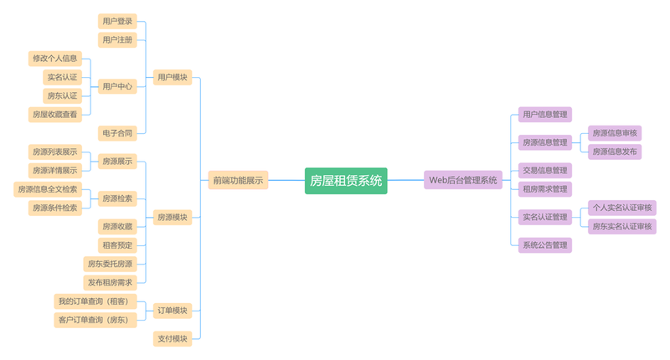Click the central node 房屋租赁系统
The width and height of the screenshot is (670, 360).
pyautogui.click(x=346, y=180)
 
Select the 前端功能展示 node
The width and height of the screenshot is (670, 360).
pyautogui.click(x=238, y=180)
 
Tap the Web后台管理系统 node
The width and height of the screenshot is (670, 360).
pyautogui.click(x=463, y=180)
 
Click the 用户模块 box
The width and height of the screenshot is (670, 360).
pyautogui.click(x=173, y=77)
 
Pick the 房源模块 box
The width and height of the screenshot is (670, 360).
pyautogui.click(x=173, y=218)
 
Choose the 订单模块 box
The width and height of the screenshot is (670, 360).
pyautogui.click(x=173, y=311)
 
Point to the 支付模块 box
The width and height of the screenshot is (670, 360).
pyautogui.click(x=173, y=338)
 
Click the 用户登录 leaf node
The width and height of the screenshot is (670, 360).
pyautogui.click(x=116, y=21)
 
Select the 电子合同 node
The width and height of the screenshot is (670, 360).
pyautogui.click(x=116, y=132)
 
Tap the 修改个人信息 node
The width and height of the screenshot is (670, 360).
pyautogui.click(x=54, y=59)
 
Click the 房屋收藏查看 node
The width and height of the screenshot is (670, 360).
pyautogui.click(x=54, y=114)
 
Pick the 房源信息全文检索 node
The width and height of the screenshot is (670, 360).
pyautogui.click(x=48, y=189)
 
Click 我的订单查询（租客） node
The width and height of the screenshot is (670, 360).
pyautogui.click(x=92, y=301)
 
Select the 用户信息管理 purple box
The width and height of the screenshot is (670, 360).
pyautogui.click(x=544, y=114)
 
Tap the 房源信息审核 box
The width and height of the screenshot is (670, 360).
pyautogui.click(x=615, y=133)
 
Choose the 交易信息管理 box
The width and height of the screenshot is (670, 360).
pyautogui.click(x=544, y=170)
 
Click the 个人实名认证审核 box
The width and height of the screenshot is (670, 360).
pyautogui.click(x=622, y=208)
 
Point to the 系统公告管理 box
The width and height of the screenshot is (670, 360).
pyautogui.click(x=544, y=245)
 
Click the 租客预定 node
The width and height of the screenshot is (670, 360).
pyautogui.click(x=116, y=245)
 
